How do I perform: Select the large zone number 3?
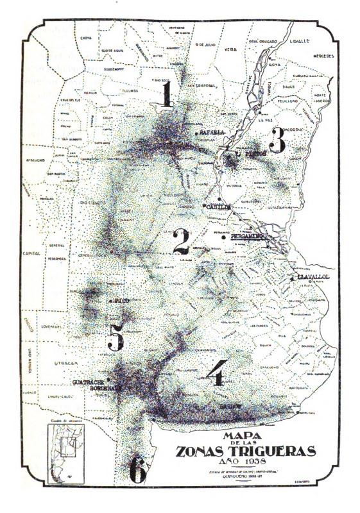coord(277,140)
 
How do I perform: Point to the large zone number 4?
coord(216,372)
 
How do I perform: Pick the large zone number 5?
coord(116,336)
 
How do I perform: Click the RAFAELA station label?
coord(212,132)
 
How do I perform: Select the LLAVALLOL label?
coord(313,276)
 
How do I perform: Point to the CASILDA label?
coord(216,206)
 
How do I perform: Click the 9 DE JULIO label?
coord(204,45)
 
